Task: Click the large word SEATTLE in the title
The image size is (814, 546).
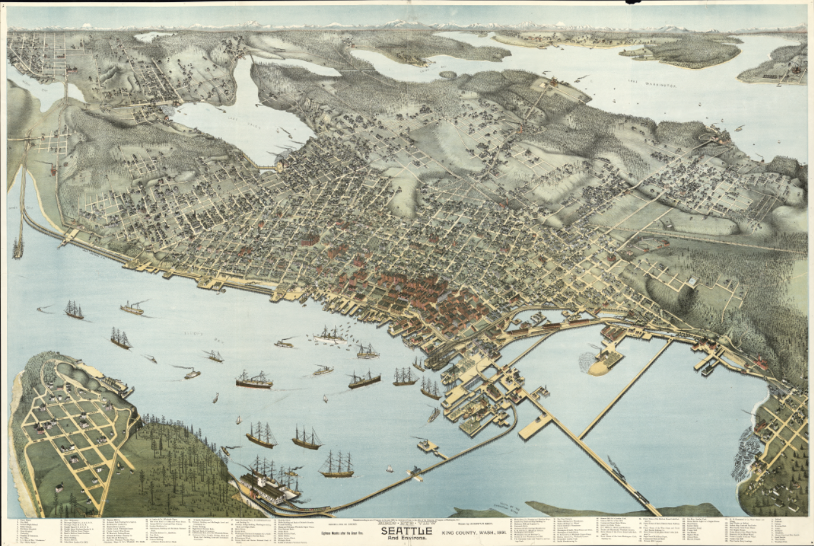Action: point(406,530)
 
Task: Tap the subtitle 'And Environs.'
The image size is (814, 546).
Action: point(406,539)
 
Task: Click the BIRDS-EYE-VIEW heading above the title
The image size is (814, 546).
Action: point(406,522)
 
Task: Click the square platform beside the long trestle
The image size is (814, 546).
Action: point(533,427)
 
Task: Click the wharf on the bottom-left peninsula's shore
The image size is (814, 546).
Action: point(117,385)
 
